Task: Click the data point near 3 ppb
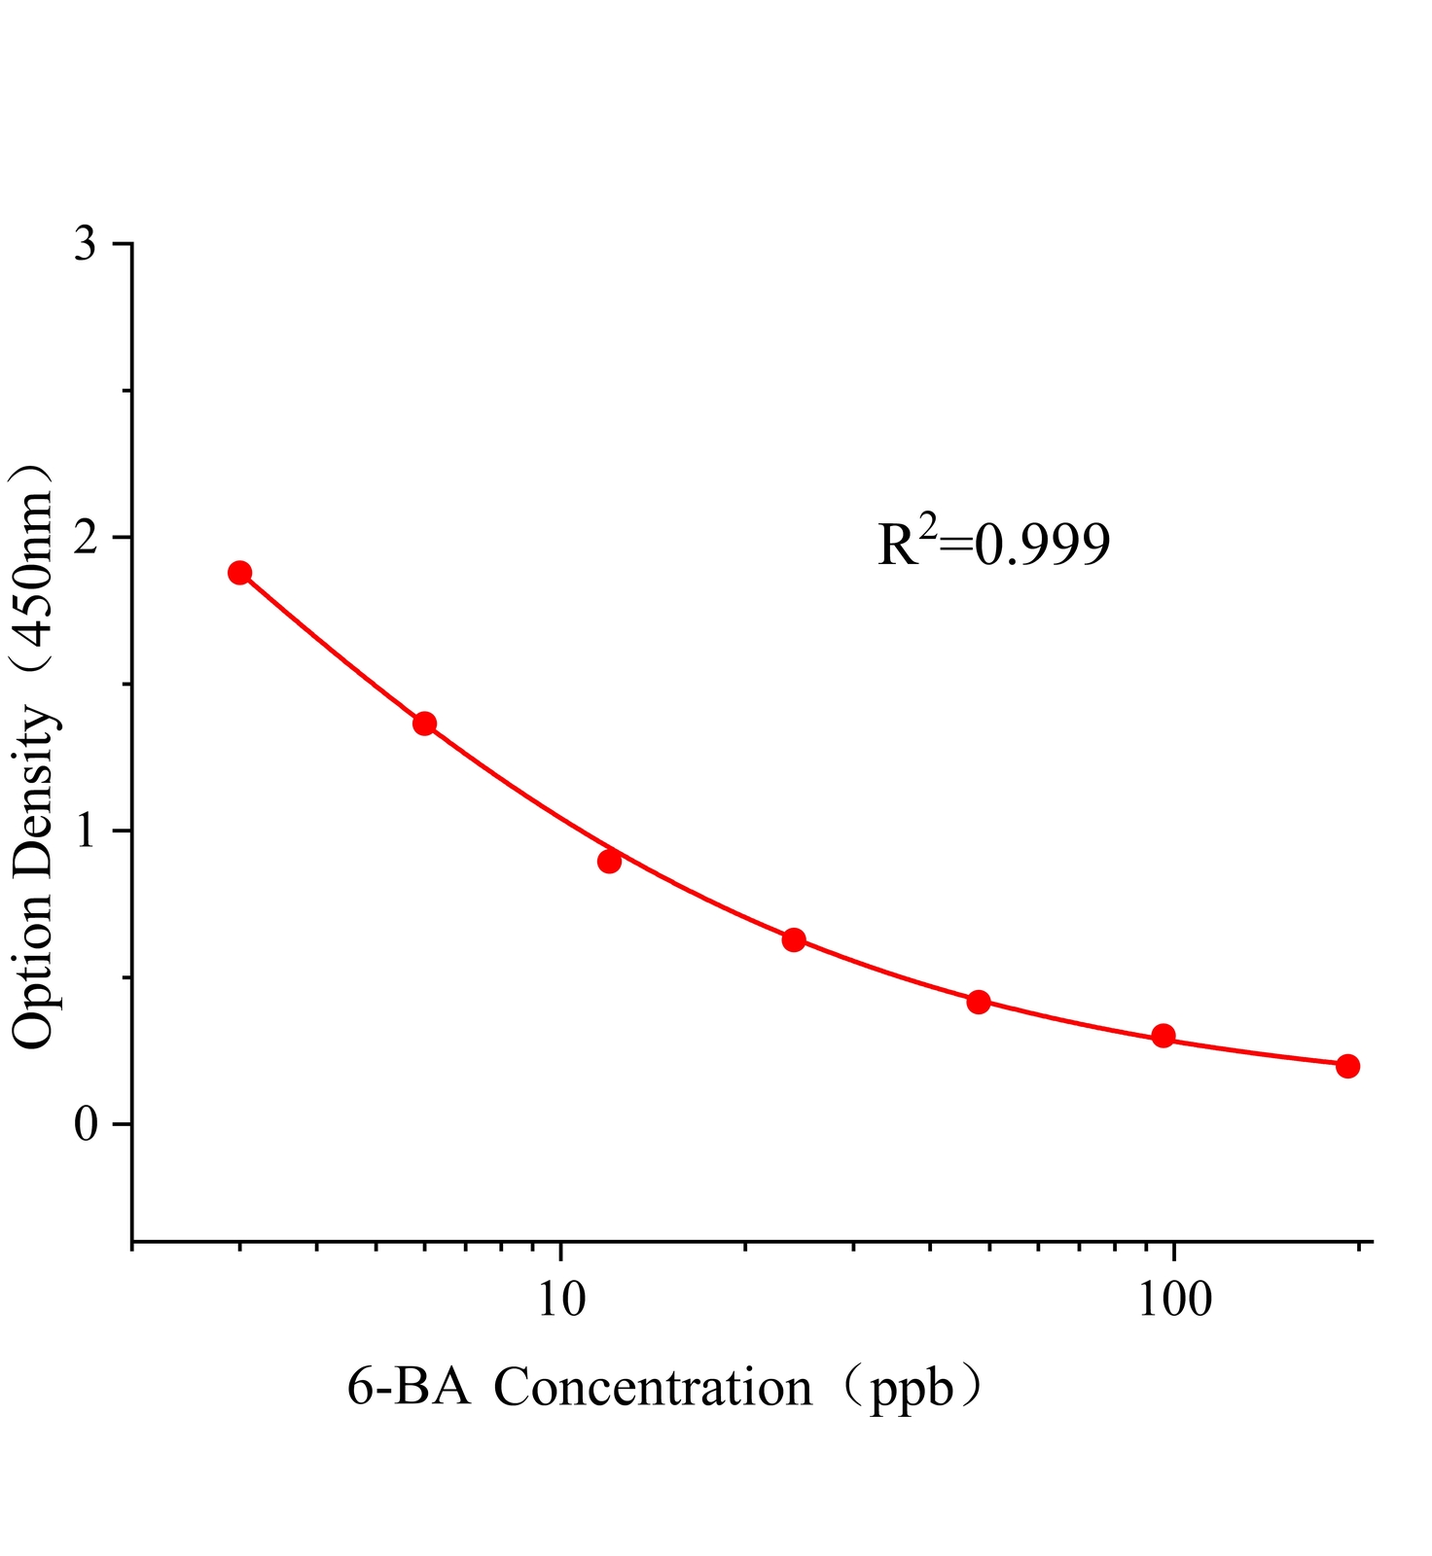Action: tap(239, 573)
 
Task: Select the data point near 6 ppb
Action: tap(424, 724)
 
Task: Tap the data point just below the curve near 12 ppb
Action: tap(609, 862)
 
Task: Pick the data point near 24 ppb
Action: tap(794, 939)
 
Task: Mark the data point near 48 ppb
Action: tap(979, 1002)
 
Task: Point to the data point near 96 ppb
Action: tap(1163, 1036)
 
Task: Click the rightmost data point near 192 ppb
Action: tap(1347, 1066)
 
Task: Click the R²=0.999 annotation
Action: tap(993, 544)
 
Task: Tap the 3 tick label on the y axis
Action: tap(86, 245)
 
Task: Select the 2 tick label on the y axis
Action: tap(86, 538)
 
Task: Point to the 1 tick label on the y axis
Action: tap(86, 831)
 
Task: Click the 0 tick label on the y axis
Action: tap(86, 1125)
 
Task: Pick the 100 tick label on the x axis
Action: tap(1175, 1299)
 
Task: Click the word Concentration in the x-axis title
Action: tap(653, 1388)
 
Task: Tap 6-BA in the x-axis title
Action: tap(409, 1388)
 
